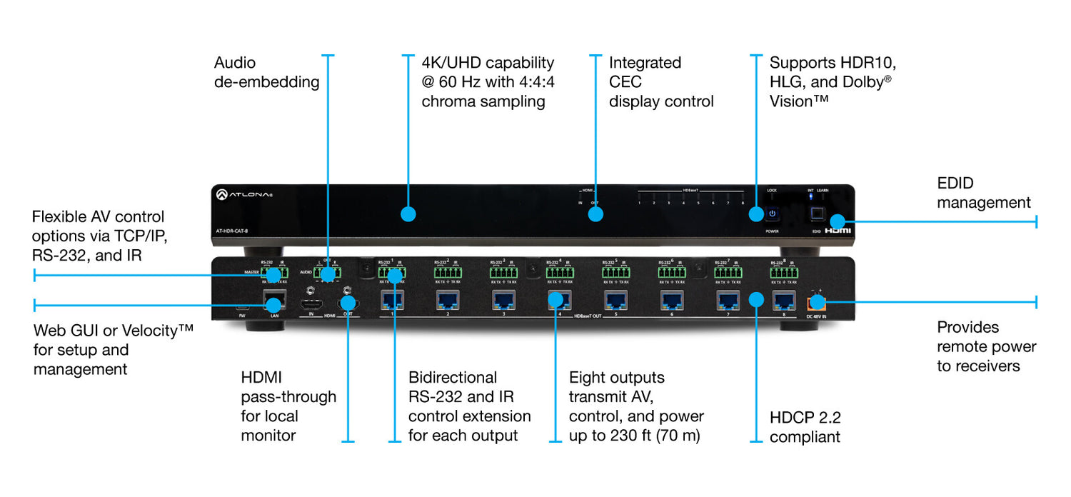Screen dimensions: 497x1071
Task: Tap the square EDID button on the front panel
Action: [817, 214]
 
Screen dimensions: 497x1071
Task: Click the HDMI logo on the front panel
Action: [838, 231]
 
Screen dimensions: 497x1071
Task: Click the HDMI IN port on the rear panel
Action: [311, 303]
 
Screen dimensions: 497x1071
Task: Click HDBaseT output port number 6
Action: [671, 300]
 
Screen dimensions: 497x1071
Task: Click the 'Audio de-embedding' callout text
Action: [266, 72]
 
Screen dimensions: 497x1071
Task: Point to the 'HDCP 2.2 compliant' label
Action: [805, 427]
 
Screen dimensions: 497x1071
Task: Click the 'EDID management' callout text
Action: [983, 193]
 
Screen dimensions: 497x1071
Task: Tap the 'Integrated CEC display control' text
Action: [660, 82]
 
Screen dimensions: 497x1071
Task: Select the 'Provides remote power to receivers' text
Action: [986, 346]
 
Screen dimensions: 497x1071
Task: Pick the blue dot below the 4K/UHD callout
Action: [408, 214]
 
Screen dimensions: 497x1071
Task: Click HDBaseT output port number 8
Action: [785, 300]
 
